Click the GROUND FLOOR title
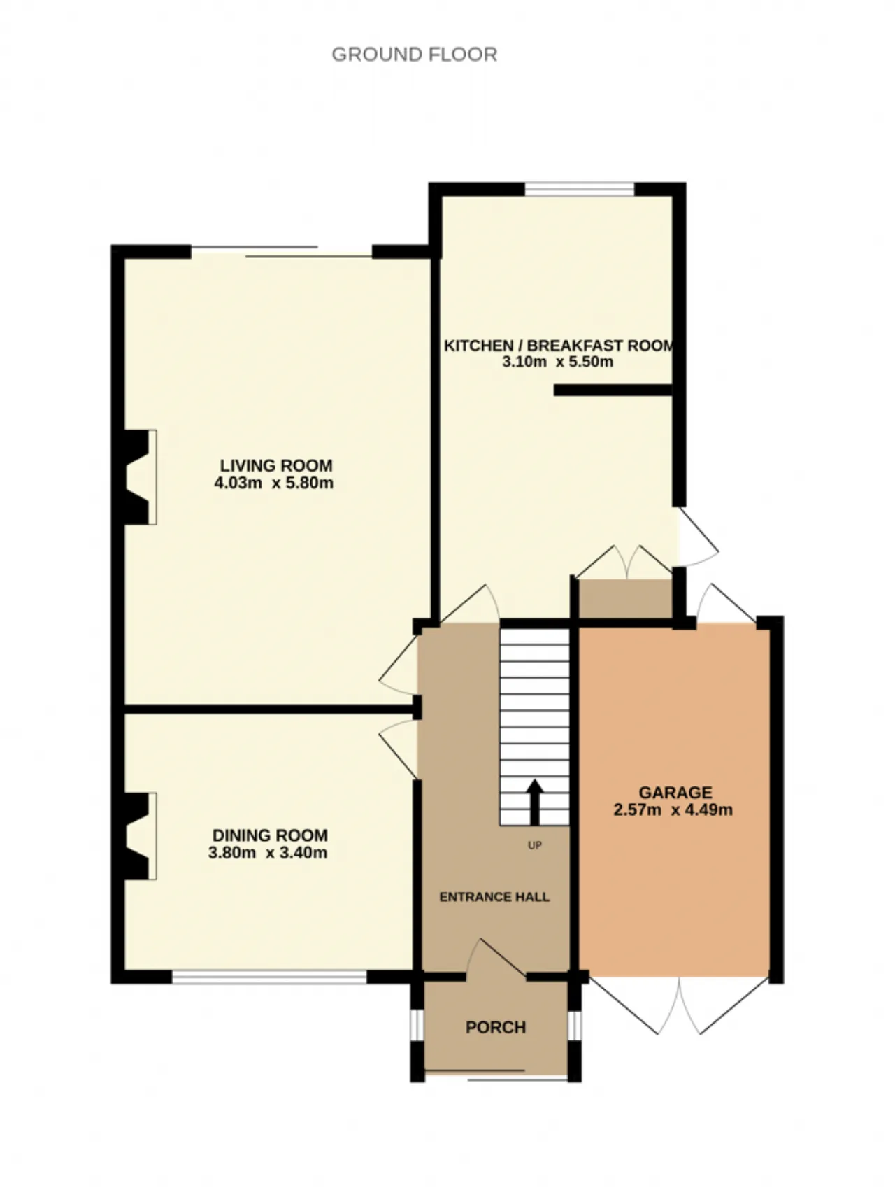pyautogui.click(x=414, y=55)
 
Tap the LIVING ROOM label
pyautogui.click(x=276, y=465)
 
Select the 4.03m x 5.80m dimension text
pyautogui.click(x=274, y=483)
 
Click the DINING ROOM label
pyautogui.click(x=270, y=835)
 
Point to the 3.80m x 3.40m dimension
pyautogui.click(x=268, y=853)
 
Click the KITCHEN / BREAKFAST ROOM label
pyautogui.click(x=559, y=345)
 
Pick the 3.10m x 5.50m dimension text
pyautogui.click(x=557, y=362)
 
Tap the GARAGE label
pyautogui.click(x=675, y=793)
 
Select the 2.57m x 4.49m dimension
pyautogui.click(x=673, y=810)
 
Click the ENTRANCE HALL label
pyautogui.click(x=494, y=897)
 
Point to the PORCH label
pyautogui.click(x=496, y=1027)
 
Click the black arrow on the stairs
pyautogui.click(x=535, y=802)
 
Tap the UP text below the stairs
pyautogui.click(x=535, y=846)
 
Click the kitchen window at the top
pyautogui.click(x=580, y=189)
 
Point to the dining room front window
pyautogui.click(x=270, y=977)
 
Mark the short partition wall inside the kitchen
pyautogui.click(x=613, y=390)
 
